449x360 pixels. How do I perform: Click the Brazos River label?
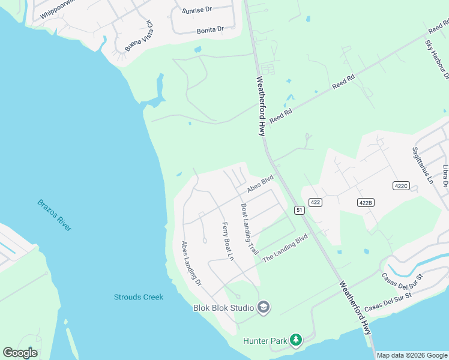(54, 215)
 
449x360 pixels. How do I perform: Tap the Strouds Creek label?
(139, 297)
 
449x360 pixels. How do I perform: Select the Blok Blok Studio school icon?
(263, 308)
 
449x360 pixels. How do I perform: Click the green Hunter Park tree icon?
(295, 340)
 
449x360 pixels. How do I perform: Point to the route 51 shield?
(298, 209)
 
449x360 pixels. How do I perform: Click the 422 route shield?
(316, 203)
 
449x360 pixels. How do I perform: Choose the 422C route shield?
(402, 186)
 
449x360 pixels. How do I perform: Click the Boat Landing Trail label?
(249, 229)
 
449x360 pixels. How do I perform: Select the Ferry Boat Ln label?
(228, 241)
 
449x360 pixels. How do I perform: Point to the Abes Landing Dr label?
(191, 262)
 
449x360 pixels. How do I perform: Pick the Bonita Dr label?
(210, 29)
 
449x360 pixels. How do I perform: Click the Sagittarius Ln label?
(422, 165)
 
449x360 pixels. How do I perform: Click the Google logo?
(20, 353)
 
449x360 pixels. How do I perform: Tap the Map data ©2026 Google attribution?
(412, 355)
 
